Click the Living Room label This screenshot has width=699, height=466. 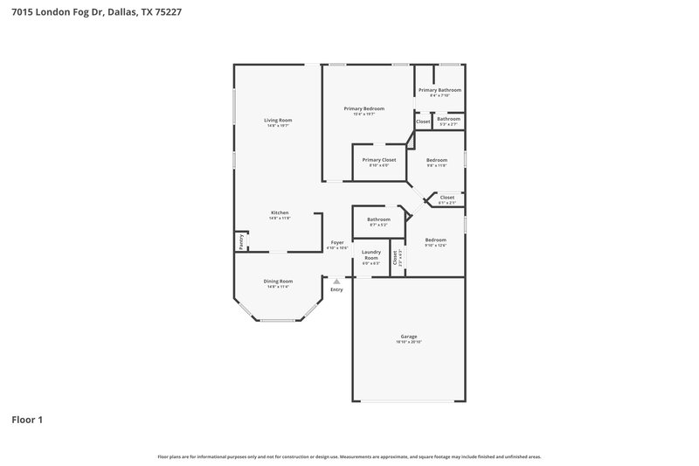pyautogui.click(x=279, y=120)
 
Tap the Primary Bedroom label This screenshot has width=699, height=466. pyautogui.click(x=363, y=108)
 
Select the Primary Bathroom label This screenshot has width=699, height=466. pyautogui.click(x=439, y=90)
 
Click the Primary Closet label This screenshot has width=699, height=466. pyautogui.click(x=379, y=160)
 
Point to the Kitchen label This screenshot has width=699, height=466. pyautogui.click(x=280, y=212)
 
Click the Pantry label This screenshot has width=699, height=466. pyautogui.click(x=240, y=241)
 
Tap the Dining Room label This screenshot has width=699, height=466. pyautogui.click(x=278, y=281)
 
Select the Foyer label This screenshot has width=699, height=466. pyautogui.click(x=337, y=242)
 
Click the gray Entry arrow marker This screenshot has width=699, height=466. pyautogui.click(x=336, y=281)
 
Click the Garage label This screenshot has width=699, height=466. pyautogui.click(x=408, y=336)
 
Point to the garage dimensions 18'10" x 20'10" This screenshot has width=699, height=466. pyautogui.click(x=408, y=342)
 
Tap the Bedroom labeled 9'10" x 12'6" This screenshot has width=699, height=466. pyautogui.click(x=435, y=240)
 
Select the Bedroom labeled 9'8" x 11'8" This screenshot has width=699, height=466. pyautogui.click(x=437, y=160)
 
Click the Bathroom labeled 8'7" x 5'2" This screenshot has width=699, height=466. pyautogui.click(x=378, y=219)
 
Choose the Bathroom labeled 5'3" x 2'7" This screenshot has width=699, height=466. pyautogui.click(x=448, y=119)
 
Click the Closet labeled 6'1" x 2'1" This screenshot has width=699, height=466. pyautogui.click(x=446, y=198)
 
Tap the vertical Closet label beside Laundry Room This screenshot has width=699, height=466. pyautogui.click(x=395, y=257)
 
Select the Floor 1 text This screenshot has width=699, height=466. pyautogui.click(x=27, y=420)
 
